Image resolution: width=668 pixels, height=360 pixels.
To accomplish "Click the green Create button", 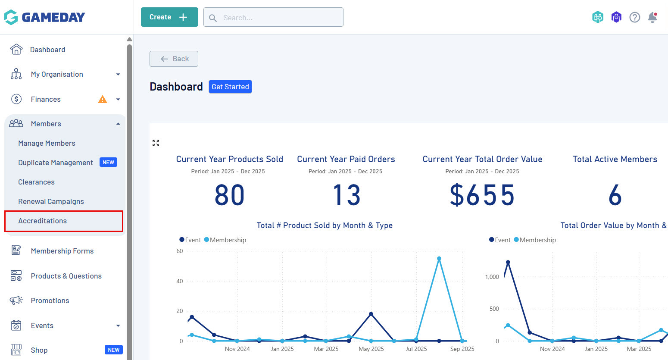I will pyautogui.click(x=169, y=17).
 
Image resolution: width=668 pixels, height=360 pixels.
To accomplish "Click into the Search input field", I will pyautogui.click(x=280, y=18).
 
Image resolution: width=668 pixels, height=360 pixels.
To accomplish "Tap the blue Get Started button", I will pyautogui.click(x=230, y=87).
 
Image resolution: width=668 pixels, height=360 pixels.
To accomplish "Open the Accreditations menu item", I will pyautogui.click(x=43, y=221).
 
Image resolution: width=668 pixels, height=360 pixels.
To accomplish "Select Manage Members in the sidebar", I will pyautogui.click(x=47, y=143).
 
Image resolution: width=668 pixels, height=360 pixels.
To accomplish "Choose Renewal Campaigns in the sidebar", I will pyautogui.click(x=51, y=201).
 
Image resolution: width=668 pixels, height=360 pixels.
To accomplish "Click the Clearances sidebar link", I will pyautogui.click(x=36, y=182).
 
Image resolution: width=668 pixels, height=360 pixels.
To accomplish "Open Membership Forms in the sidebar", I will pyautogui.click(x=62, y=251).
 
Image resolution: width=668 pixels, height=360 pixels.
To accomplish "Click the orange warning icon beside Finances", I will pyautogui.click(x=103, y=99).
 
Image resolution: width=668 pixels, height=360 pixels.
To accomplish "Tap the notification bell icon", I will pyautogui.click(x=652, y=17).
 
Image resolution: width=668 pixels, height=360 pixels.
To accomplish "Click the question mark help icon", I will pyautogui.click(x=634, y=17).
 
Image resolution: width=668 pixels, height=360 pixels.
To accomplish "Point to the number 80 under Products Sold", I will pyautogui.click(x=230, y=195).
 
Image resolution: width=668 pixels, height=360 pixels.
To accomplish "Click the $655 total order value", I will pyautogui.click(x=482, y=195).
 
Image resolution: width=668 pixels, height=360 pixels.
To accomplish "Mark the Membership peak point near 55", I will pyautogui.click(x=439, y=259).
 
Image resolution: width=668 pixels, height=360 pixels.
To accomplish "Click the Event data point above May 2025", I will pyautogui.click(x=371, y=314).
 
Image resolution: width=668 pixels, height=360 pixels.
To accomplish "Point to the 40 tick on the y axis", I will pyautogui.click(x=180, y=281).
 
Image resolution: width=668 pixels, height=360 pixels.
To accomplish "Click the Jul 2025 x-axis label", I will pyautogui.click(x=416, y=349).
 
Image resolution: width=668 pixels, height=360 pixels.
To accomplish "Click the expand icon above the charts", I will pyautogui.click(x=156, y=143).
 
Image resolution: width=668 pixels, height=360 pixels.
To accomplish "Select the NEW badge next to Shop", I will pyautogui.click(x=114, y=350).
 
